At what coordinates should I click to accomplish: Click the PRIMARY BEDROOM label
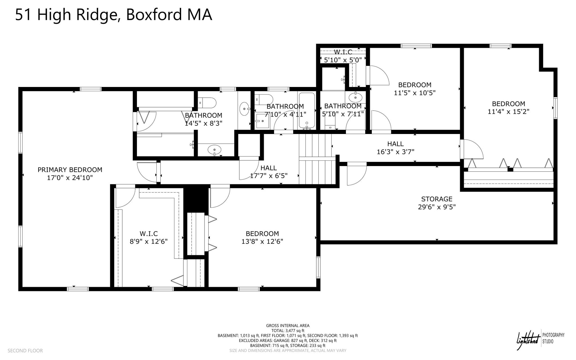70,170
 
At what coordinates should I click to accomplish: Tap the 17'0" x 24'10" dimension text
70,178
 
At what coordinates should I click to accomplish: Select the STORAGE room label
436,199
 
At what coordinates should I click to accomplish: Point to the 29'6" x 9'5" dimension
436,207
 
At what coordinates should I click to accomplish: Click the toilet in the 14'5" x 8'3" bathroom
207,103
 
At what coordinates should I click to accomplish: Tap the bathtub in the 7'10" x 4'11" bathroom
307,111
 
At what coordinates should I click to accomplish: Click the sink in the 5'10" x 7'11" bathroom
356,97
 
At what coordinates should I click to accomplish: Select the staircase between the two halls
317,159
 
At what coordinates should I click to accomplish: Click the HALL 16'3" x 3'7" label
395,148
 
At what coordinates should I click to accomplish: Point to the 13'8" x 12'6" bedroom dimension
262,242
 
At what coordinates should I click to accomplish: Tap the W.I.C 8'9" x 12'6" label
148,238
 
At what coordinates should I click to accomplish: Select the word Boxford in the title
154,15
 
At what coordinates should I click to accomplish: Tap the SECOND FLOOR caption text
25,351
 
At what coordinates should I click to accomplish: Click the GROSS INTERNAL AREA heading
288,326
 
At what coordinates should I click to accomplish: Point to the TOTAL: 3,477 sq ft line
288,331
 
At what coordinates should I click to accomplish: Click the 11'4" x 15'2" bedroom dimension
508,111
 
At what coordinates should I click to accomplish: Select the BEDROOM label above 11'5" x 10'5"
415,85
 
